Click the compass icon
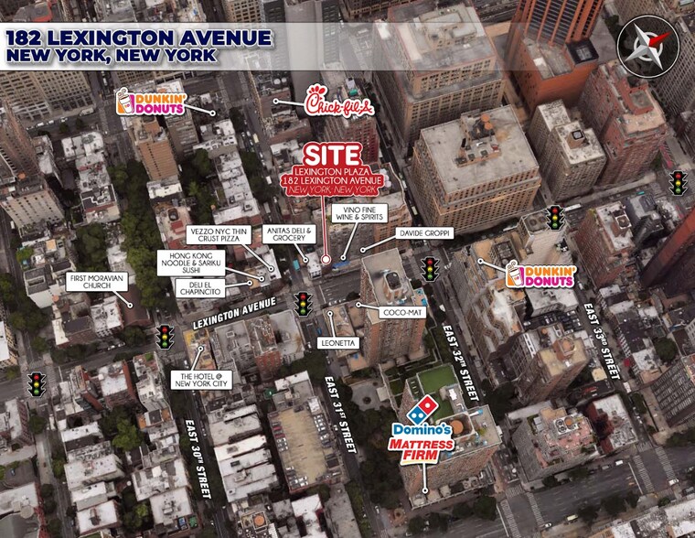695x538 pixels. pyautogui.click(x=650, y=44)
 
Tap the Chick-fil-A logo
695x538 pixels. pyautogui.click(x=339, y=102)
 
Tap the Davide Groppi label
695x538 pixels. pyautogui.click(x=425, y=233)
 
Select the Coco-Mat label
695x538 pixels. pyautogui.click(x=400, y=312)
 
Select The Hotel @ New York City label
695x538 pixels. pyautogui.click(x=204, y=378)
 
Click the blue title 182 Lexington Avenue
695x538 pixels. pyautogui.click(x=138, y=38)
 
